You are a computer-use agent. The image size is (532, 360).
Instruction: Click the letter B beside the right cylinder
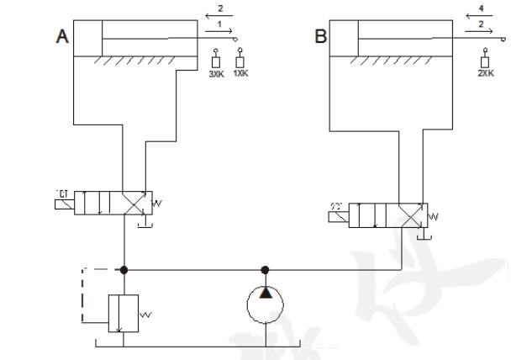[x=320, y=37]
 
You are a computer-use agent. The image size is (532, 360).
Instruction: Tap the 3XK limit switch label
[x=216, y=74]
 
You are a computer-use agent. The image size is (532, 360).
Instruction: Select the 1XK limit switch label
[x=240, y=74]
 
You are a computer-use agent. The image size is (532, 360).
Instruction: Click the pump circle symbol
[x=265, y=305]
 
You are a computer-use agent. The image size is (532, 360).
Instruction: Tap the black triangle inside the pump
[x=265, y=293]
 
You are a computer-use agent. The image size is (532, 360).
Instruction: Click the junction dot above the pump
[x=265, y=270]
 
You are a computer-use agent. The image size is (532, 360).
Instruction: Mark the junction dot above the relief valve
[x=124, y=270]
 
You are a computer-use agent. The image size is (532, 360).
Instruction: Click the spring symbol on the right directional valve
[x=432, y=216]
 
